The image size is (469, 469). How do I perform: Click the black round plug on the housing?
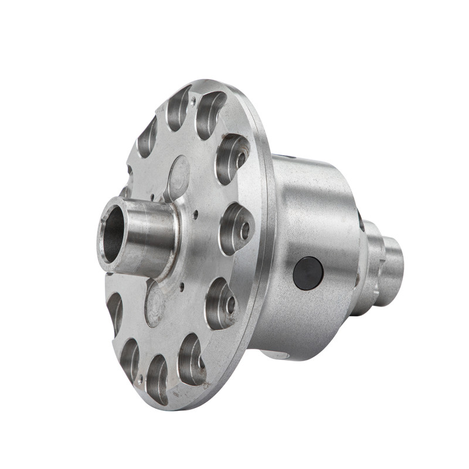[308, 273]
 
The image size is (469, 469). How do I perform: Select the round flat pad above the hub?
[178, 175]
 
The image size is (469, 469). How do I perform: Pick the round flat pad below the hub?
[154, 301]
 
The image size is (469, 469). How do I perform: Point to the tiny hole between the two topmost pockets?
[193, 101]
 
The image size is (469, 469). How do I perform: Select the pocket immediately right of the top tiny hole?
[210, 114]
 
